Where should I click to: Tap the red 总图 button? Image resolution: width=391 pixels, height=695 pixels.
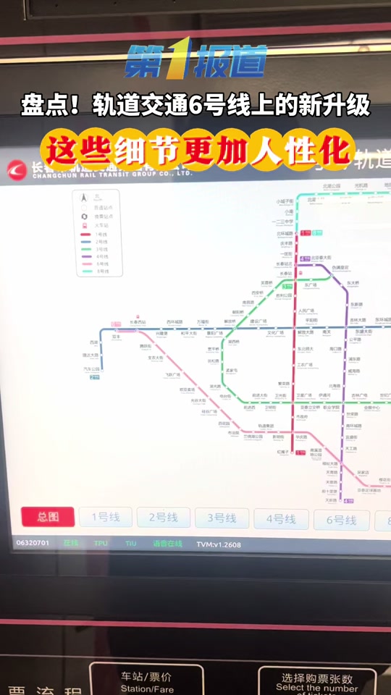pyautogui.click(x=48, y=516)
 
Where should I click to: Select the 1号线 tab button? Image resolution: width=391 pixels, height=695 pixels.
pyautogui.click(x=104, y=517)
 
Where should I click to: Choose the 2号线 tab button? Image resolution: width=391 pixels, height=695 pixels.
pyautogui.click(x=163, y=518)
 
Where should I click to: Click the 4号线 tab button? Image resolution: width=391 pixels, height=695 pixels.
pyautogui.click(x=280, y=519)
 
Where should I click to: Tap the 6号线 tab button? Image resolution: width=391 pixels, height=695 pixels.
pyautogui.click(x=340, y=520)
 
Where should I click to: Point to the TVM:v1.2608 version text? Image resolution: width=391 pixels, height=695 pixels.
pyautogui.click(x=219, y=544)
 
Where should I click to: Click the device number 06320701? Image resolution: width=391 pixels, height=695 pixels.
pyautogui.click(x=33, y=542)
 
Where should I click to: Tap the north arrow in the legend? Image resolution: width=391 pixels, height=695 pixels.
pyautogui.click(x=84, y=197)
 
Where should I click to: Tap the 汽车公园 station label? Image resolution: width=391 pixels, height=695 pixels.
pyautogui.click(x=92, y=368)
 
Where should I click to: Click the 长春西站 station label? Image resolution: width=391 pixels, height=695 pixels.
pyautogui.click(x=138, y=321)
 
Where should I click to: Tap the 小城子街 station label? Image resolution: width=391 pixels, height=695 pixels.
pyautogui.click(x=285, y=201)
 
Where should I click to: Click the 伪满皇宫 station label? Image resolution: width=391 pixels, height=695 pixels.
pyautogui.click(x=340, y=267)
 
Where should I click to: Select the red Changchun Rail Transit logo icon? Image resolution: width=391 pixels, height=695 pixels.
pyautogui.click(x=14, y=169)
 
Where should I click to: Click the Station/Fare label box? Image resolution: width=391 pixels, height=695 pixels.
pyautogui.click(x=147, y=681)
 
